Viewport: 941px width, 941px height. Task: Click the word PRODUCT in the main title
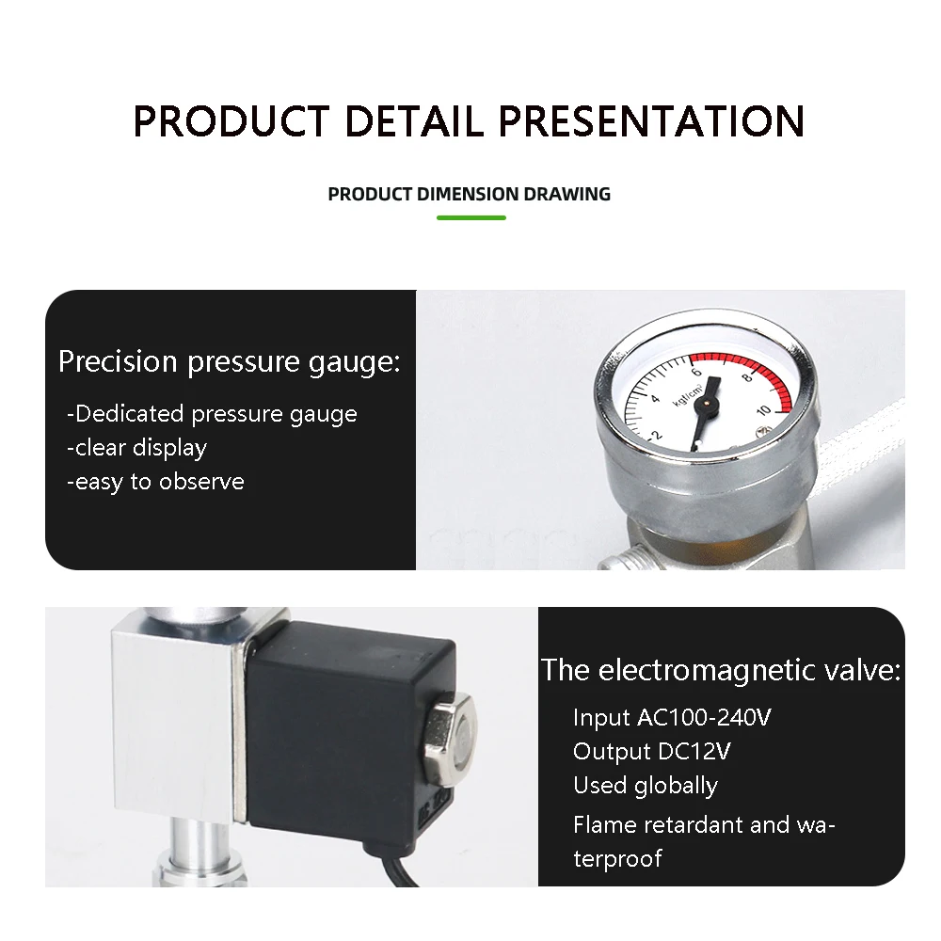coord(231,121)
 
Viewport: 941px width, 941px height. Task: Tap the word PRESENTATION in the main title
coord(652,121)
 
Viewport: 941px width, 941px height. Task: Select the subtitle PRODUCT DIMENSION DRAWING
coord(470,194)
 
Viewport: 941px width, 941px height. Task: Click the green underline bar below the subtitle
coord(471,217)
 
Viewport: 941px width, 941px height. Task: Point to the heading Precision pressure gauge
coord(230,362)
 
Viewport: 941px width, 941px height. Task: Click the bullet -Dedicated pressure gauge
coord(212,414)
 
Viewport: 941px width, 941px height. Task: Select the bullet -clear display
coord(136,448)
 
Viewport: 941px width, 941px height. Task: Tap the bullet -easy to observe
coord(155,482)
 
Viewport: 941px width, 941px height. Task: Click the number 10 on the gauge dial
coord(763,410)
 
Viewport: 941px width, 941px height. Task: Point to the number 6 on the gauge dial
coord(696,372)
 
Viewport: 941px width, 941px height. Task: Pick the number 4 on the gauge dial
coord(655,399)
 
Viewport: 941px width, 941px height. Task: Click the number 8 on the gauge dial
coord(746,377)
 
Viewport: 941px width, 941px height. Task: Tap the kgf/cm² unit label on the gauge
coord(687,395)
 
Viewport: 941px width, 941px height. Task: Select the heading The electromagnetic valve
coord(721,670)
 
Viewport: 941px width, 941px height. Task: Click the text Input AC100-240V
coord(672,717)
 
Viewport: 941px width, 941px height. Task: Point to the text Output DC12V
coord(652,751)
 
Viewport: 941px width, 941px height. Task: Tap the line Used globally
coord(646,786)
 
